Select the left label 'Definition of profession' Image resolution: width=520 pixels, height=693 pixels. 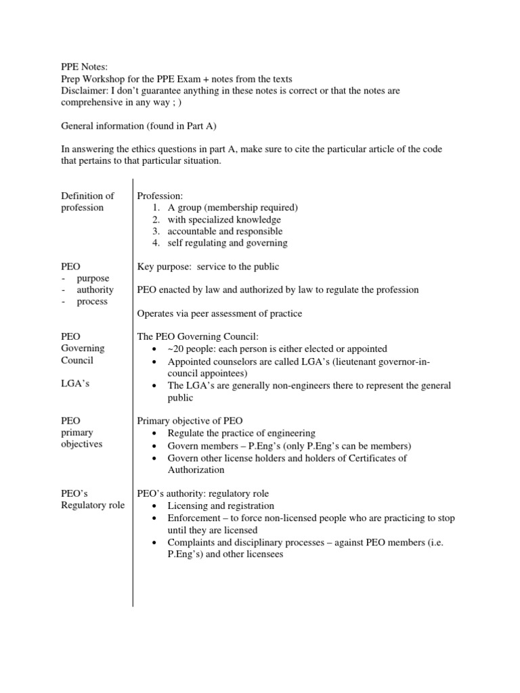[87, 202]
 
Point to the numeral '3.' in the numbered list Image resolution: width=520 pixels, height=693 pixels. [156, 231]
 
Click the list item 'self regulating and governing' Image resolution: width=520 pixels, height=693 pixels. [227, 243]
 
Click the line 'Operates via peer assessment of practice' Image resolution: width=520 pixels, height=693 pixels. [219, 313]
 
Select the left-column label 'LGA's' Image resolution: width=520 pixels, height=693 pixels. [75, 384]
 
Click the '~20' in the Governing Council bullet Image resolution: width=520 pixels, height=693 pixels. [176, 349]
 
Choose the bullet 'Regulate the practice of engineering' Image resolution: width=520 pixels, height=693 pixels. [241, 433]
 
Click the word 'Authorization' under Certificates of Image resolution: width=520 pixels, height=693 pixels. [196, 470]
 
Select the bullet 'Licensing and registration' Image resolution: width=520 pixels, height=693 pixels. [221, 506]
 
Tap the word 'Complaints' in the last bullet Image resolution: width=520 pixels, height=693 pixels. [192, 543]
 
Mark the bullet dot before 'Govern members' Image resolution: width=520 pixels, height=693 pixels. [156, 446]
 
